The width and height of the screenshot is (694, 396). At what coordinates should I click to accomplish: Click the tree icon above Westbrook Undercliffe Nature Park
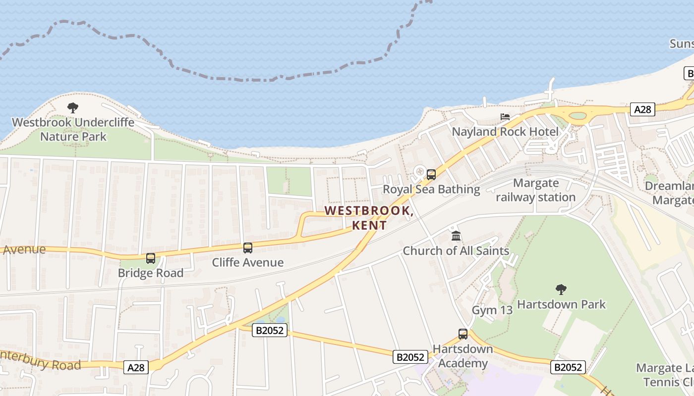pos(73,107)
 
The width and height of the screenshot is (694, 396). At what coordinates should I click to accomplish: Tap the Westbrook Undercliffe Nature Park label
pos(73,129)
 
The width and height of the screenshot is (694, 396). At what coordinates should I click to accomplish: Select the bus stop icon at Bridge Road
pos(151,258)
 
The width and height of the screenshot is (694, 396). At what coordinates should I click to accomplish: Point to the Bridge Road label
pos(151,273)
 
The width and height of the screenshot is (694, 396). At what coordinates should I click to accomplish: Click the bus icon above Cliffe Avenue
pos(248,247)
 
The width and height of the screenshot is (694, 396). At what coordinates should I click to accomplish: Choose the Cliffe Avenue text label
pos(248,262)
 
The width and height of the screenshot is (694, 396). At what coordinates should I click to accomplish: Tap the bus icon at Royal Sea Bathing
pos(431,174)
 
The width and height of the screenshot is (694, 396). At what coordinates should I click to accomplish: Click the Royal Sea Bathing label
pos(431,189)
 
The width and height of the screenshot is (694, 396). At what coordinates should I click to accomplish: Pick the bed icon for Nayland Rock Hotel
pos(505,117)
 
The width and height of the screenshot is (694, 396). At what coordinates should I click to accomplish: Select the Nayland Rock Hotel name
pos(505,132)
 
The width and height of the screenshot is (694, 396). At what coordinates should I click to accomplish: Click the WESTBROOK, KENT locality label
pos(369,218)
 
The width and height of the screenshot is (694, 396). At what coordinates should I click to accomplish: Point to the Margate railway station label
pos(536,190)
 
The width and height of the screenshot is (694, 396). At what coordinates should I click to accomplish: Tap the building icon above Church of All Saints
pos(456,236)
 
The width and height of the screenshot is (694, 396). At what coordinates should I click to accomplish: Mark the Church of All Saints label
pos(456,251)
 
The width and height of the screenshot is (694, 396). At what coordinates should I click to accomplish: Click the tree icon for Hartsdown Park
pos(561,289)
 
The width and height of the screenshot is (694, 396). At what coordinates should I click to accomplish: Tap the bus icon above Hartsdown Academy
pos(463,334)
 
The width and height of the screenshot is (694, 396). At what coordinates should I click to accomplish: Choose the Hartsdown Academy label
pos(463,356)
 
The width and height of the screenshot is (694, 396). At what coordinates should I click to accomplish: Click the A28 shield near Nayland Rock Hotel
pos(643,109)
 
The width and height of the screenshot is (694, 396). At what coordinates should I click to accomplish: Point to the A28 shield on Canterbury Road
pos(136,367)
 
